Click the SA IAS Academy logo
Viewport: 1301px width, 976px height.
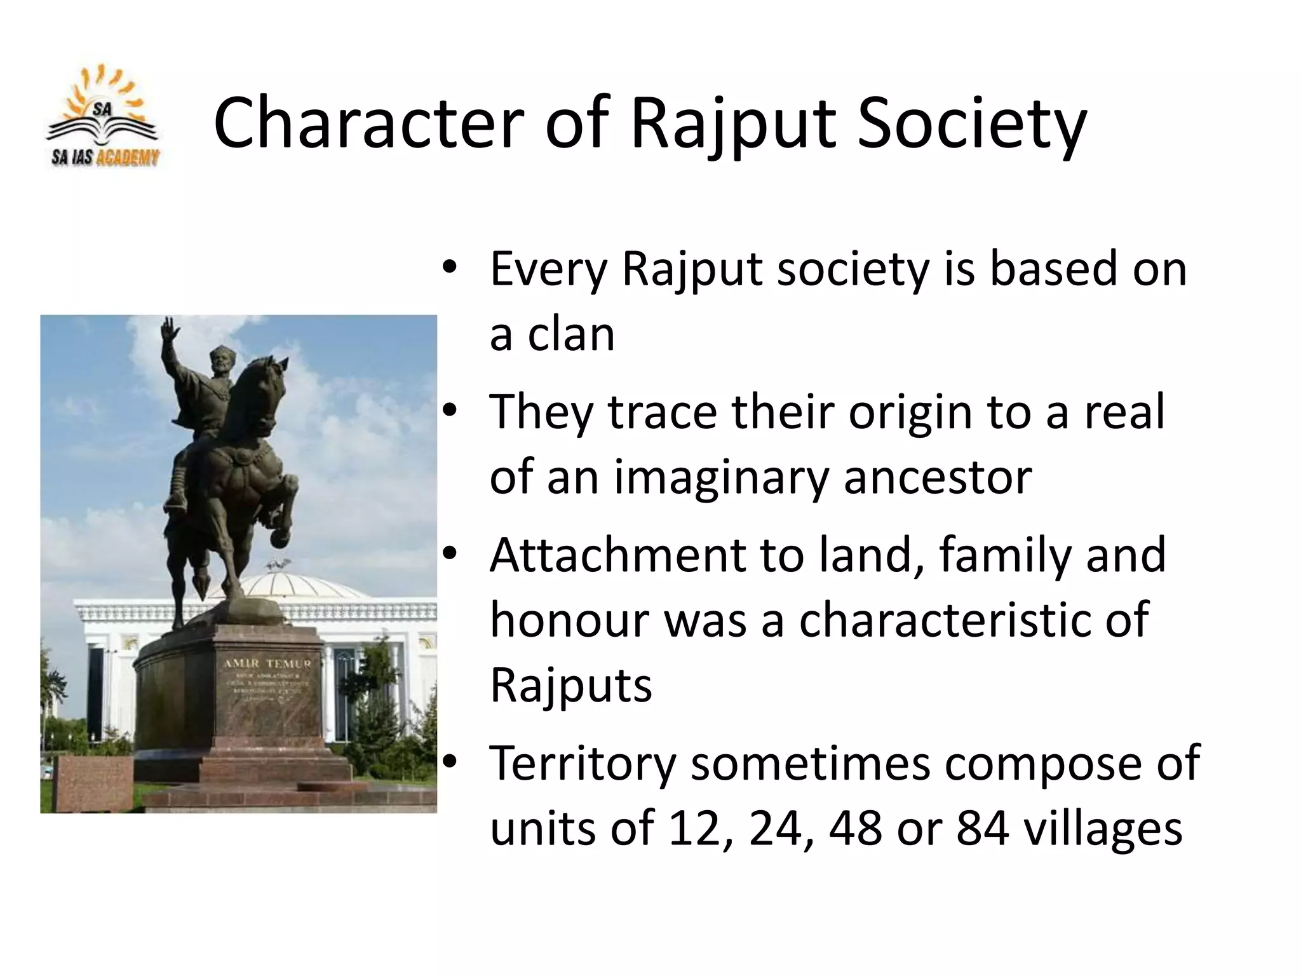104,118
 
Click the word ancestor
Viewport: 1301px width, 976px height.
938,478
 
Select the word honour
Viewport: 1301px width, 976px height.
569,620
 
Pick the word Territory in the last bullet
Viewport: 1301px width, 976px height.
583,763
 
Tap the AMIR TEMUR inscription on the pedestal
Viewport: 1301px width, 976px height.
267,663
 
